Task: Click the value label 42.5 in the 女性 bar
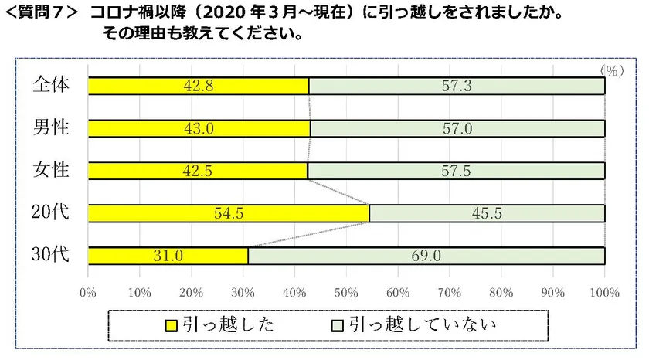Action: coord(199,171)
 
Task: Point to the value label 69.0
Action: coord(426,256)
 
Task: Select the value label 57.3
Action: coord(457,87)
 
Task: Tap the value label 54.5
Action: coord(229,213)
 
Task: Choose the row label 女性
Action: coord(52,169)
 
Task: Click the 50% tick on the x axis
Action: coord(345,293)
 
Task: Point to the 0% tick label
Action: coord(87,293)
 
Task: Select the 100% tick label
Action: coord(604,293)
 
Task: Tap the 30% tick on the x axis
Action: coord(243,293)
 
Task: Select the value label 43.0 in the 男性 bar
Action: coord(199,129)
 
